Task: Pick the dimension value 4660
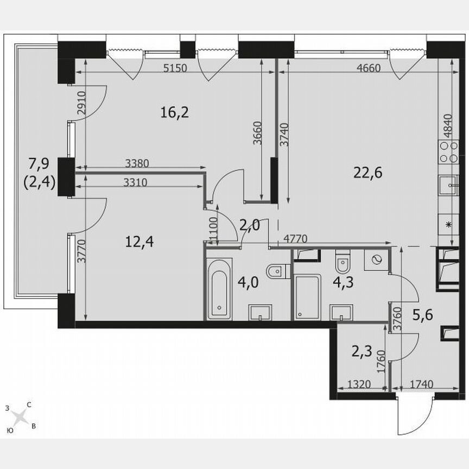point(369,68)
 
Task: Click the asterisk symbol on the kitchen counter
point(448,224)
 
